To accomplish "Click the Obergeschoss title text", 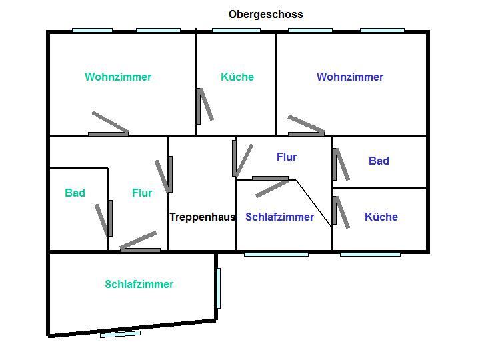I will pyautogui.click(x=265, y=14).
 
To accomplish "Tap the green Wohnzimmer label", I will pyautogui.click(x=118, y=77).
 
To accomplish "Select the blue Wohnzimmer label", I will pyautogui.click(x=350, y=77).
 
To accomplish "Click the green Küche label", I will pyautogui.click(x=237, y=77).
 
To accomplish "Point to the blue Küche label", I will pyautogui.click(x=381, y=217).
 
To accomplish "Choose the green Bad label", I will pyautogui.click(x=75, y=193).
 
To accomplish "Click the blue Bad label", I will pyautogui.click(x=379, y=161).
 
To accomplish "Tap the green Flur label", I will pyautogui.click(x=142, y=193).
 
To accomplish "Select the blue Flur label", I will pyautogui.click(x=287, y=157).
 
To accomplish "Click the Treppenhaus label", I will pyautogui.click(x=202, y=217).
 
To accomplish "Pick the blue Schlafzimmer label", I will pyautogui.click(x=279, y=217).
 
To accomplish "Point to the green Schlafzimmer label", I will pyautogui.click(x=139, y=284).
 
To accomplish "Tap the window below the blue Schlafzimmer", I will pyautogui.click(x=276, y=254).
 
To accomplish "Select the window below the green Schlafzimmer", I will pyautogui.click(x=121, y=333).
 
